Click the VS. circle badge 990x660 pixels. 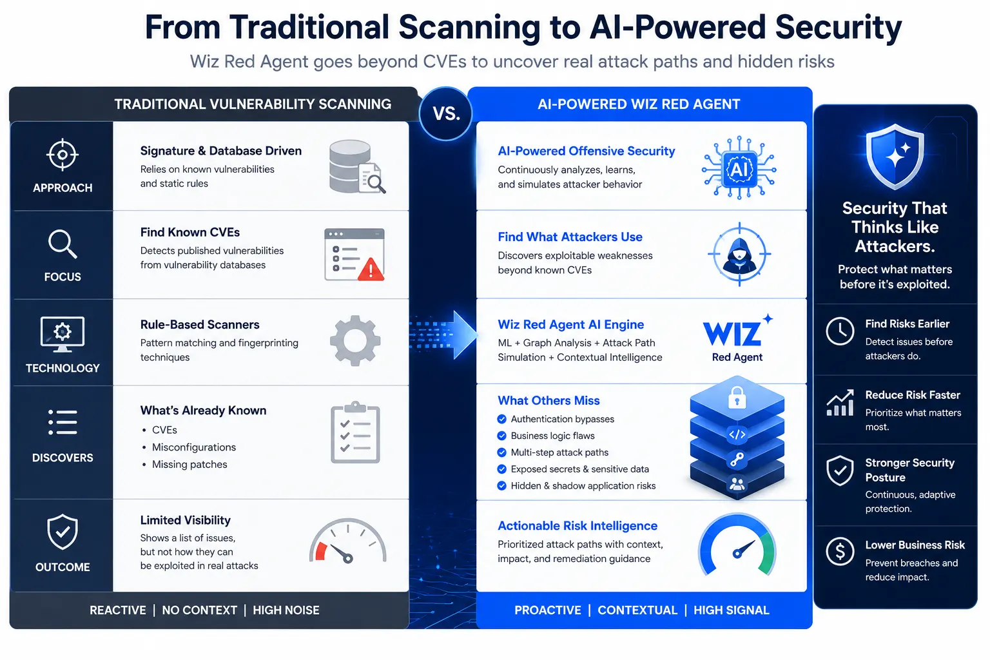[445, 113]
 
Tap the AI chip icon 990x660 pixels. [739, 169]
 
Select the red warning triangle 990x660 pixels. [371, 269]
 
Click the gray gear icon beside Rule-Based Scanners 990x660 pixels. [355, 340]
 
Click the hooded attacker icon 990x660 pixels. [739, 255]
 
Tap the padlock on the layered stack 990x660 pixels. [737, 398]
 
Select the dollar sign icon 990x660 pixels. [840, 551]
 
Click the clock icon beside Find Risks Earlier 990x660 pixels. [840, 331]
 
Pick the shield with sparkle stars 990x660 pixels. [895, 157]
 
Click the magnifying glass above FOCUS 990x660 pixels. [63, 244]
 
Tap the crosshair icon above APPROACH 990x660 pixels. [63, 155]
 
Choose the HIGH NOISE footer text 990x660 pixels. [286, 610]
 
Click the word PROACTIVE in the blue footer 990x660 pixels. [548, 610]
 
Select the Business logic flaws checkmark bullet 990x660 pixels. [501, 436]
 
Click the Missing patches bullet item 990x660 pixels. [185, 464]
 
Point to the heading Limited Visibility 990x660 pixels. [185, 520]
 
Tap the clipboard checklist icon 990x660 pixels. [355, 432]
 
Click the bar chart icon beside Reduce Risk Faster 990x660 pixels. [840, 403]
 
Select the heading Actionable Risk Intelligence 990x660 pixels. [577, 525]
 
